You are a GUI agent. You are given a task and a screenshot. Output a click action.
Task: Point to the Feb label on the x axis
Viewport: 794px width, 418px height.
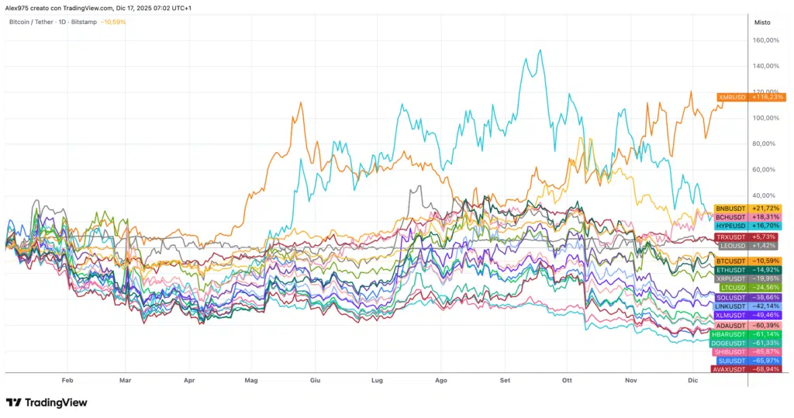coord(67,381)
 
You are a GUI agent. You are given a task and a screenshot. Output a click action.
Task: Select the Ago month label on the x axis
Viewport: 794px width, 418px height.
coord(441,381)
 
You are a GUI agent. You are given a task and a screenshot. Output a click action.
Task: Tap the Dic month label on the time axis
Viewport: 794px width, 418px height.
coord(693,381)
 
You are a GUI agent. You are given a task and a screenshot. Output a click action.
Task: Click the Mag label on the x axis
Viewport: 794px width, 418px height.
coord(251,381)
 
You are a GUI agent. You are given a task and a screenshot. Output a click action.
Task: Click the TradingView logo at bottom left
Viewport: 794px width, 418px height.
coord(47,402)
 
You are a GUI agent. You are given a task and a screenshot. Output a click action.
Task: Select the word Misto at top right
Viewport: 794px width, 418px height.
coord(762,22)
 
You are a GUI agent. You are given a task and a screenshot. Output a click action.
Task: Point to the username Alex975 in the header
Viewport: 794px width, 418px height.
coord(19,7)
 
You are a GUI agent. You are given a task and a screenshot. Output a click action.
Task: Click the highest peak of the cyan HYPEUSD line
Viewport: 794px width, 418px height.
coord(539,51)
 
